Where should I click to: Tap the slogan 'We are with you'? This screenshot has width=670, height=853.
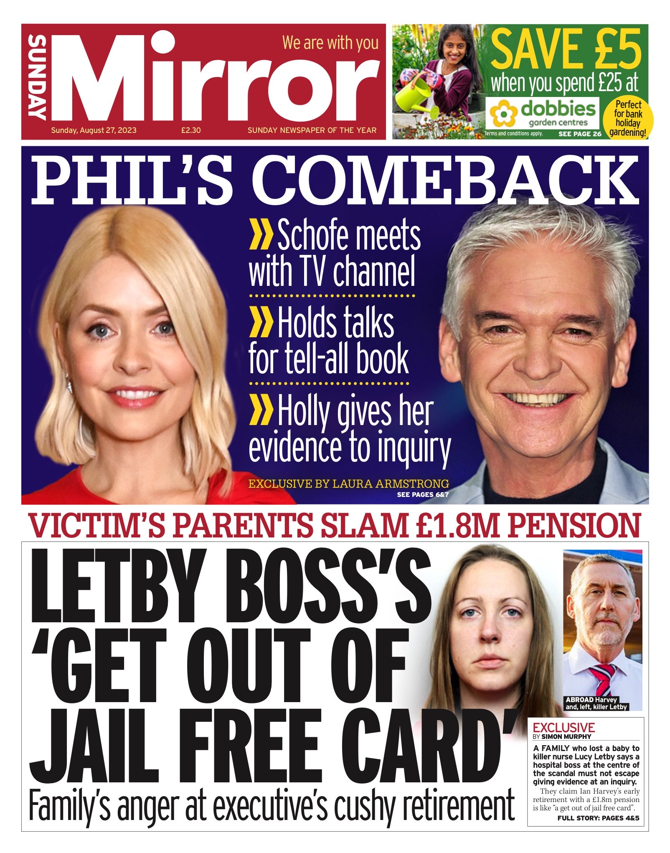coord(330,43)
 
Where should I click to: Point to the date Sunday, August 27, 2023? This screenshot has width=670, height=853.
coord(94,130)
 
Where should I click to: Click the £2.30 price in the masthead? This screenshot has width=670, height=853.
coord(191,130)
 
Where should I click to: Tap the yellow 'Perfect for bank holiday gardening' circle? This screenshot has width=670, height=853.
coord(628,119)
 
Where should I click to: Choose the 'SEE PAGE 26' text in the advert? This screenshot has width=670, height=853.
coord(580,134)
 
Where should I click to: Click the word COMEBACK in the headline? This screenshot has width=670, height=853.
coord(444,180)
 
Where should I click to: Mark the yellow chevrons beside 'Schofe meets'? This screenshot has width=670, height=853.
coord(261,236)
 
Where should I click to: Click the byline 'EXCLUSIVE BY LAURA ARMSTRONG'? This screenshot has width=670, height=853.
coord(348,484)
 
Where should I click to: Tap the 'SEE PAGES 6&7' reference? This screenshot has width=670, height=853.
coord(423,495)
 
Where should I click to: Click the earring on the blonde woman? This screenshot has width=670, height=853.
coord(69,384)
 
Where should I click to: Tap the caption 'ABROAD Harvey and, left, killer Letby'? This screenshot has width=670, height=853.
coord(596,703)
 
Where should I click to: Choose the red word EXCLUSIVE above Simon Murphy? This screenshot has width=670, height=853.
coord(563,727)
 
